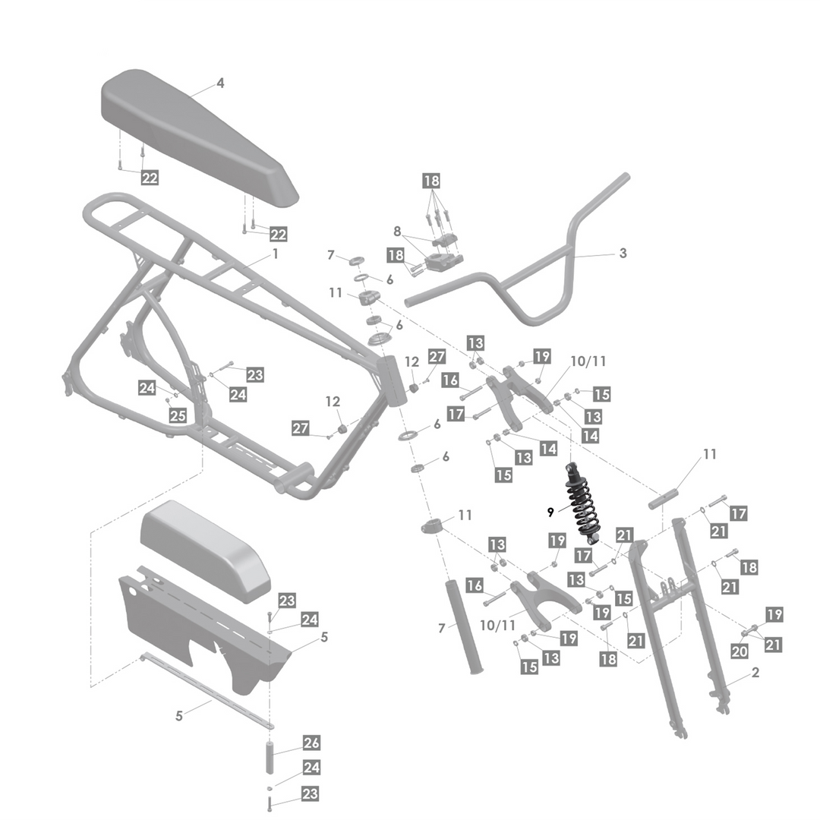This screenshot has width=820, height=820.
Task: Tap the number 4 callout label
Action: click(220, 84)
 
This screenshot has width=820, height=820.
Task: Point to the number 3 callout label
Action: click(623, 253)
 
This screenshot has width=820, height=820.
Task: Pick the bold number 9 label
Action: click(550, 513)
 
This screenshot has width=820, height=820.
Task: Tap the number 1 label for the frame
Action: click(276, 254)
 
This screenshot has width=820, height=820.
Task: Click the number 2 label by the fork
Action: click(755, 673)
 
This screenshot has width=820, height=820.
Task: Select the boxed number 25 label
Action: click(178, 415)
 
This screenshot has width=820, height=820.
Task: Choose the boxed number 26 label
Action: click(311, 743)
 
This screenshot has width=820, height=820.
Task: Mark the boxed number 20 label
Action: click(740, 651)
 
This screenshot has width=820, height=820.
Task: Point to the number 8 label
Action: click(397, 231)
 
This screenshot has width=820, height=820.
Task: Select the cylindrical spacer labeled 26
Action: click(270, 757)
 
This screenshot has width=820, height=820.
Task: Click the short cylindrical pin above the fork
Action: click(663, 498)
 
